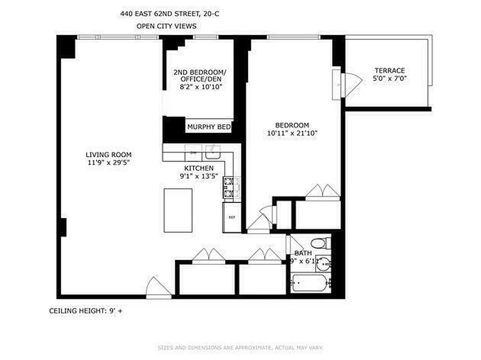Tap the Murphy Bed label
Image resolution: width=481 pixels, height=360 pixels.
tap(209, 127)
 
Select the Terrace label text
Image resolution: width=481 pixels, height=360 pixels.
tap(390, 71)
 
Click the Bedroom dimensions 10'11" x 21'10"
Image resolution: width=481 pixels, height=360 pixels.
tap(292, 133)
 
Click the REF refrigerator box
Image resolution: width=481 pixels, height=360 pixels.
tap(232, 217)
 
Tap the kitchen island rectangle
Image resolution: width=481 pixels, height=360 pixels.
tap(178, 210)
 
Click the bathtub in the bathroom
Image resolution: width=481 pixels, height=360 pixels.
tap(310, 284)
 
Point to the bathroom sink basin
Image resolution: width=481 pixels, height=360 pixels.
tap(322, 265)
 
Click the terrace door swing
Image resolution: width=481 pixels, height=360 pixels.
tap(352, 84)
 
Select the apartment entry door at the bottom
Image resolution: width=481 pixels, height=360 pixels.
tap(159, 288)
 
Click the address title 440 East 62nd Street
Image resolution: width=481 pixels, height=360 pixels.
tap(170, 14)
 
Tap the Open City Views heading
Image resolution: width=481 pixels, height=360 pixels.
tap(166, 26)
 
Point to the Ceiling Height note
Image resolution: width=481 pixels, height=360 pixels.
tap(86, 310)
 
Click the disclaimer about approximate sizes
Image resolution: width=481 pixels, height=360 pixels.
tap(240, 348)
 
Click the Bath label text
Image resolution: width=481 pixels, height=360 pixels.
tap(303, 253)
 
